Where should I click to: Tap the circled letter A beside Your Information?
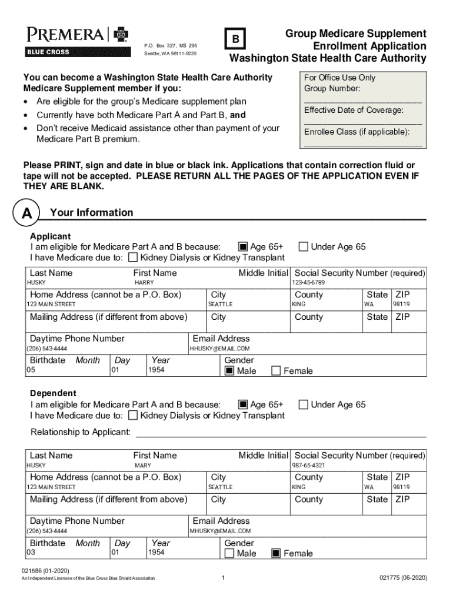27,214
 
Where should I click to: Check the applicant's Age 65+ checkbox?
242,247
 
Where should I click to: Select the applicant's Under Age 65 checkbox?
303,247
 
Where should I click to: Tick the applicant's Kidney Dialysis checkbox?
133,257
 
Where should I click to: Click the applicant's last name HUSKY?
36,283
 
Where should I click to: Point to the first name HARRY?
144,283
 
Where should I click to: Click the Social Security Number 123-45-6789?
308,283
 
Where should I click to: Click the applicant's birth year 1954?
156,370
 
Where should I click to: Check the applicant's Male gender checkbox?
229,371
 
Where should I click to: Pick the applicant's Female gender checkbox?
276,371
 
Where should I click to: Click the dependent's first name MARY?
143,466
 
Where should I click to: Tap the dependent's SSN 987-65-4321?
308,466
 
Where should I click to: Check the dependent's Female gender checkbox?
276,553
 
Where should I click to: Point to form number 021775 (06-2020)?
403,578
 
